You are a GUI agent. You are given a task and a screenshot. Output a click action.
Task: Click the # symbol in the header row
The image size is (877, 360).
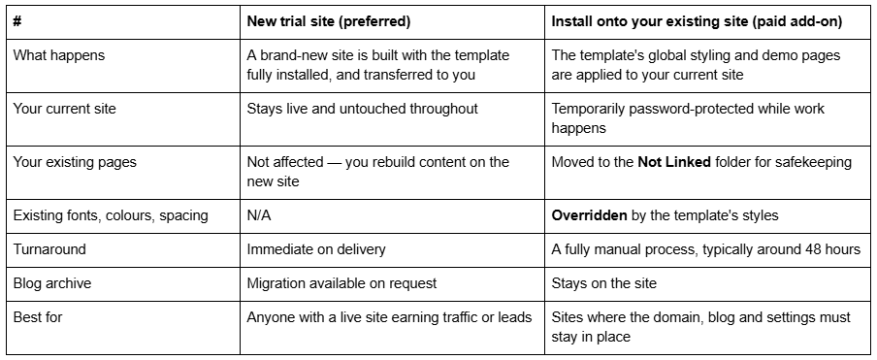point(17,21)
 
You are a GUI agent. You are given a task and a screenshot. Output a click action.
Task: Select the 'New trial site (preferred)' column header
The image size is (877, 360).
point(329,21)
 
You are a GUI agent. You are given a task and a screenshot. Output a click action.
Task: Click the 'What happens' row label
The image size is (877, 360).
point(59,55)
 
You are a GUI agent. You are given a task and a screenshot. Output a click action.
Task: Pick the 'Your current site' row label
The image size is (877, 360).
point(64,109)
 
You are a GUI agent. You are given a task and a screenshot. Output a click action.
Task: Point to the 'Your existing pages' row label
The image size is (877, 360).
point(75,162)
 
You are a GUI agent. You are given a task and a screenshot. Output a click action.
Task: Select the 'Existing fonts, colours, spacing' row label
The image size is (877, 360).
point(111,215)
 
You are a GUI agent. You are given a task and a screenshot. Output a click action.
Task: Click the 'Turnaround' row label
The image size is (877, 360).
point(49,249)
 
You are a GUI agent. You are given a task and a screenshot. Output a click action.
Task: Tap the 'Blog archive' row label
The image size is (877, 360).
point(52,283)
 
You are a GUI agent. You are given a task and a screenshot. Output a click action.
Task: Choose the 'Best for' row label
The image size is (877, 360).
point(38,317)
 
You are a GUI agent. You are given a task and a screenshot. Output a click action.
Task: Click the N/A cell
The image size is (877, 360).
point(259,215)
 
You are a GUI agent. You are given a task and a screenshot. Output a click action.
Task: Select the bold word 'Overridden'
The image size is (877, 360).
point(590,215)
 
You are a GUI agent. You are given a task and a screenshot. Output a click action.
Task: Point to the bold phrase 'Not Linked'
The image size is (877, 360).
point(674,162)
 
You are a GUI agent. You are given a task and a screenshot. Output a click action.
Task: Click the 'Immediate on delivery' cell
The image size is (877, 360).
point(316,249)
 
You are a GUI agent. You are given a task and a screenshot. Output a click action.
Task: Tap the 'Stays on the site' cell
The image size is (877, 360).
point(604,283)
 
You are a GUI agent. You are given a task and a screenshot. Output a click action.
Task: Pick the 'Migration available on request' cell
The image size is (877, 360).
point(341,283)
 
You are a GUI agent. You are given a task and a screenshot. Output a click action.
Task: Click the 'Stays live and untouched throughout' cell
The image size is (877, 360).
point(363,109)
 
